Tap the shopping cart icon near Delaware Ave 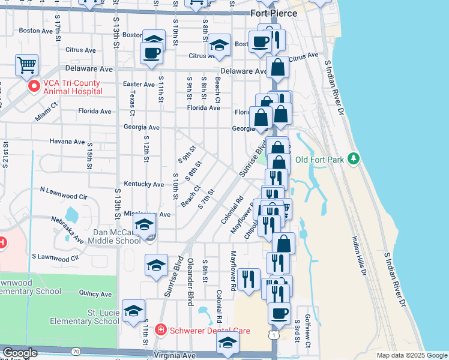pyautogui.click(x=26, y=65)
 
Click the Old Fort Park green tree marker pyautogui.click(x=355, y=158)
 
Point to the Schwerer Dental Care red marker pyautogui.click(x=160, y=330)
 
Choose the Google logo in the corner pyautogui.click(x=20, y=353)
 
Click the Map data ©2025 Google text pyautogui.click(x=412, y=355)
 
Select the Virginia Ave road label pyautogui.click(x=176, y=355)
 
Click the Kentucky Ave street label pyautogui.click(x=143, y=184)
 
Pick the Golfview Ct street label pyautogui.click(x=307, y=332)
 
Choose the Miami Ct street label pyautogui.click(x=46, y=112)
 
